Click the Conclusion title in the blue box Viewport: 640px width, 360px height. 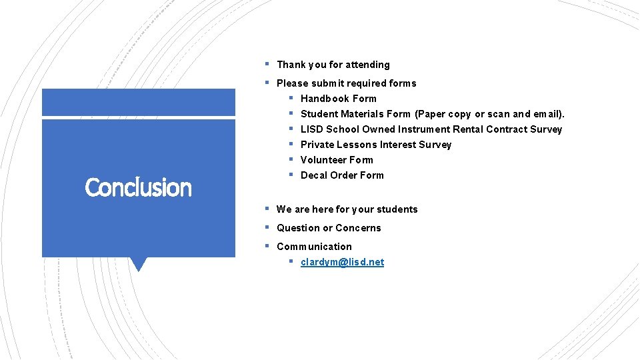[x=138, y=187]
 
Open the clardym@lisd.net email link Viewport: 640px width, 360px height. [x=342, y=262]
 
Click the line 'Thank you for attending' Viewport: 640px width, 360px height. [x=333, y=65]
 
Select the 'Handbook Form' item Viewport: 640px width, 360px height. [x=338, y=99]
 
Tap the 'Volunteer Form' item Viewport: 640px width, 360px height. [x=337, y=160]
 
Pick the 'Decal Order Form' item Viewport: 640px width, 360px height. [x=342, y=175]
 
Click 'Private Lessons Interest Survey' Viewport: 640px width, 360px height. [x=375, y=145]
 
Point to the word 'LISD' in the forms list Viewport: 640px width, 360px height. [x=312, y=129]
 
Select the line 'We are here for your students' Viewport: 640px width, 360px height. [x=347, y=209]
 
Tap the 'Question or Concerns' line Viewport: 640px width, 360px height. [x=329, y=228]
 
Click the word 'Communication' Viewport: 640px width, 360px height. [x=314, y=247]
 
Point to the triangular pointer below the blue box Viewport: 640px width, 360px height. [x=139, y=264]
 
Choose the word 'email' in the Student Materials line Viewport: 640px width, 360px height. [x=547, y=114]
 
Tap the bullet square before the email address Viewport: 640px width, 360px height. [x=291, y=261]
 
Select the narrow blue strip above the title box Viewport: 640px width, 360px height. [x=138, y=103]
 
